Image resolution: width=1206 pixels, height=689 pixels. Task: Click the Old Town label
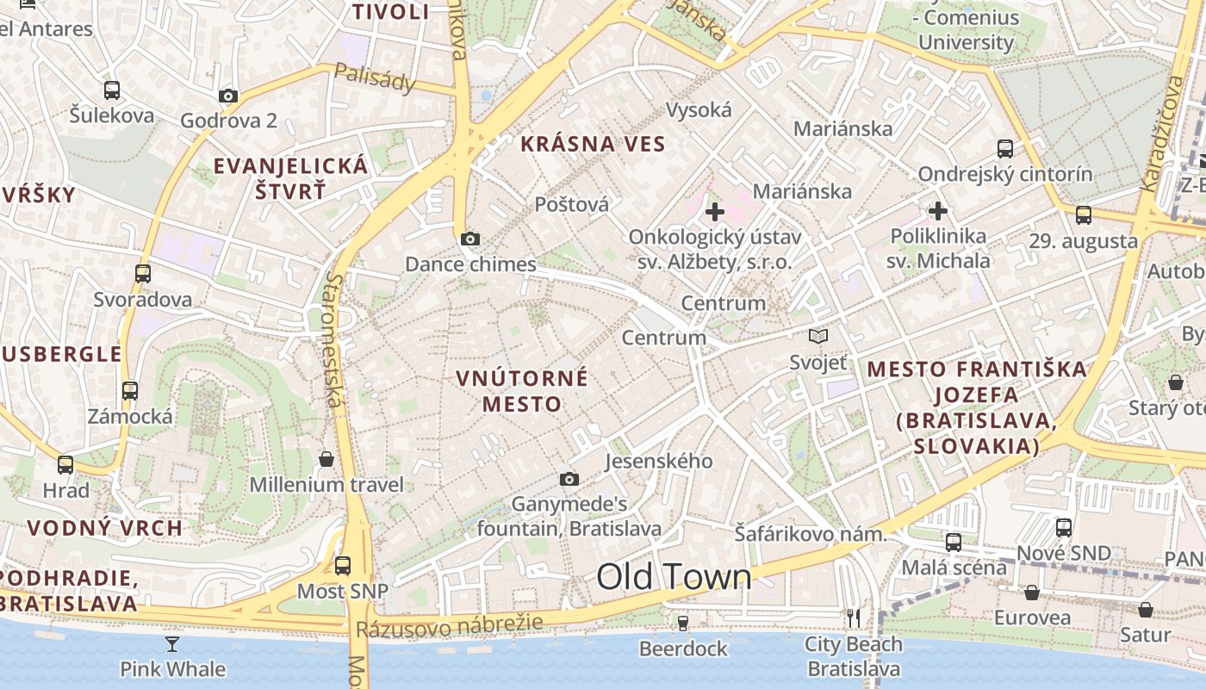point(674,577)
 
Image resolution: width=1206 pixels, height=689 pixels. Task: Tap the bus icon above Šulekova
point(112,90)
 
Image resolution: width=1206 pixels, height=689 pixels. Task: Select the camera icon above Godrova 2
point(228,96)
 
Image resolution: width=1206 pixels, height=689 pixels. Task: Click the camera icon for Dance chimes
point(470,239)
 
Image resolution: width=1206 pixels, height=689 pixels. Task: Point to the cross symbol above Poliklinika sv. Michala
point(938,210)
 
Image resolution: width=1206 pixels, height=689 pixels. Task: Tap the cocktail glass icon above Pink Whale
point(172,643)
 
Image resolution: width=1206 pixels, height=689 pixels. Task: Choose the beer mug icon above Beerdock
point(683,622)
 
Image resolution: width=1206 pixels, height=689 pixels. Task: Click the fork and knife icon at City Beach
point(854,618)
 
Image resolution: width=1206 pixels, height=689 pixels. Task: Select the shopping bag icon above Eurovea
point(1032,593)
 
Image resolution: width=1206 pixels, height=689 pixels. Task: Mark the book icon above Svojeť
point(818,337)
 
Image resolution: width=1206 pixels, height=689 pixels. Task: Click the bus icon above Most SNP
point(343,566)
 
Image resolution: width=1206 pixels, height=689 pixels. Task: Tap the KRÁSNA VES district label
point(594,144)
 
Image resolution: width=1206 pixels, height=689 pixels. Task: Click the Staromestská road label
point(336,340)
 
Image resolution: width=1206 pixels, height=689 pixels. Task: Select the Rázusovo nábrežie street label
point(450,626)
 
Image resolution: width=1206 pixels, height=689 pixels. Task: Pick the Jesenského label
point(659,461)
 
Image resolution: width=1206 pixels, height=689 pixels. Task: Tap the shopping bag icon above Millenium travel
point(326,459)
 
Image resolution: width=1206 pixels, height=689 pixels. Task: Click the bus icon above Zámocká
point(130,391)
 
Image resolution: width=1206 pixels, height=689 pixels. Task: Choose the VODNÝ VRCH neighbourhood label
point(104,528)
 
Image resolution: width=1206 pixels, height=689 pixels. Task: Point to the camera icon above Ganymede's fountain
point(569,479)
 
